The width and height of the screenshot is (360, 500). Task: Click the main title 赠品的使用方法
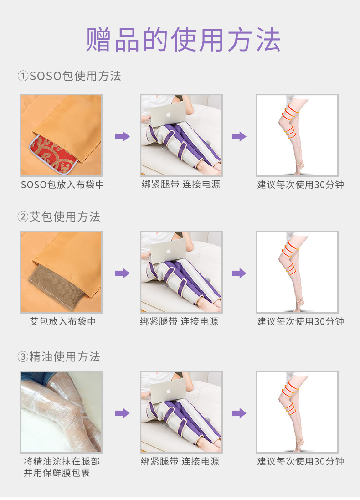tap(183, 40)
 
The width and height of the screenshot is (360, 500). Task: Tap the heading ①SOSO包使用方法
tap(69, 76)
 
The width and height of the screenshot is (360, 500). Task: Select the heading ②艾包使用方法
tap(59, 217)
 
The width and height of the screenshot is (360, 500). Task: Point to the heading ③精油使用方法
tap(59, 357)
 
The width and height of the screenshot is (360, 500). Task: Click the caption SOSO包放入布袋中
tap(62, 185)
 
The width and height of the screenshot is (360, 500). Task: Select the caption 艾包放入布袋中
tap(63, 321)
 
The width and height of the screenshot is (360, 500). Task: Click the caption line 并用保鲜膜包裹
tap(57, 473)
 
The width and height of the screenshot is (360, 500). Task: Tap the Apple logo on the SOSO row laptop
tap(169, 114)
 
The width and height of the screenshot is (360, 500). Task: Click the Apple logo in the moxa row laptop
tap(169, 251)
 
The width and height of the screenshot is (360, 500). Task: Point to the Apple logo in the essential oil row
tap(169, 391)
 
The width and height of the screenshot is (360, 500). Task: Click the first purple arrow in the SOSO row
tap(123, 136)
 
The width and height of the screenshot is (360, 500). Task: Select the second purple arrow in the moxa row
tap(239, 273)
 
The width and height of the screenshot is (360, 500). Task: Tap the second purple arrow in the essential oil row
tap(239, 413)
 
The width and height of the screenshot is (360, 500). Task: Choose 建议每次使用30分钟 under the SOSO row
tap(300, 185)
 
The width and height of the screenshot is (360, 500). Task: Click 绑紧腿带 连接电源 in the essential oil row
tap(180, 461)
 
